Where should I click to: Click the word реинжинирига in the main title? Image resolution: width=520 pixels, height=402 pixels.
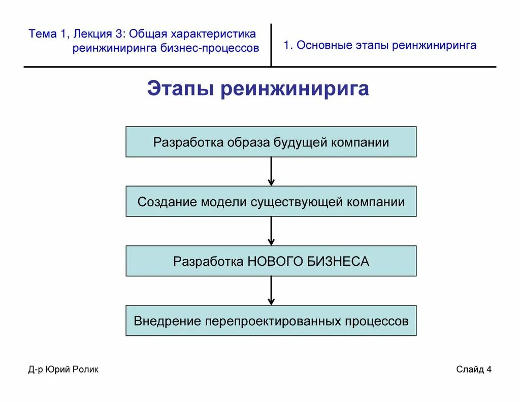(x=295, y=89)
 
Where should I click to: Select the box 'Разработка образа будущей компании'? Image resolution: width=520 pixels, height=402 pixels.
(x=271, y=142)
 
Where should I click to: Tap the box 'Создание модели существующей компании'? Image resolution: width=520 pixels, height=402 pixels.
(x=271, y=201)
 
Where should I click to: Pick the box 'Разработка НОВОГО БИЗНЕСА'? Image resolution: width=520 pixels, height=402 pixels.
(x=271, y=261)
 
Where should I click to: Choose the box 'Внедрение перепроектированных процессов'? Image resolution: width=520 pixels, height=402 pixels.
(x=271, y=321)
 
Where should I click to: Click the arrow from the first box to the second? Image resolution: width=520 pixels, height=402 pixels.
(x=271, y=171)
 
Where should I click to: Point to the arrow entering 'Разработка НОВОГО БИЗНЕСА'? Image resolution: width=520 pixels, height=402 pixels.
(x=271, y=231)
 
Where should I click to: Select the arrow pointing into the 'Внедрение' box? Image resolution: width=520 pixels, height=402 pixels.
(x=271, y=291)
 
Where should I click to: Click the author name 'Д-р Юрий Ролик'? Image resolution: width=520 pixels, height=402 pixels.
(x=63, y=369)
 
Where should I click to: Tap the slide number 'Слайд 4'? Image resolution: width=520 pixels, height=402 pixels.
(x=474, y=369)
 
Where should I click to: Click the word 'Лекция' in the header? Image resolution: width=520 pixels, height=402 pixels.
(x=89, y=34)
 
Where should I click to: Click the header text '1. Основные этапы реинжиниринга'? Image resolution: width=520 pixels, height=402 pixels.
(x=380, y=45)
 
